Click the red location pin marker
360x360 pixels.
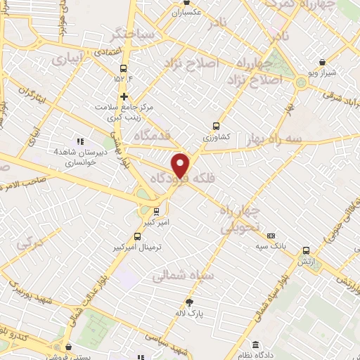181,165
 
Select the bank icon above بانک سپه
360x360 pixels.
272,236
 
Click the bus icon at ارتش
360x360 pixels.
306,250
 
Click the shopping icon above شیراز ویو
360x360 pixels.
321,63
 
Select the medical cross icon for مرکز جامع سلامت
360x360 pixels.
124,96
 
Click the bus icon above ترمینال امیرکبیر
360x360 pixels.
137,238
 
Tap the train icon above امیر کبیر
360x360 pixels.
157,210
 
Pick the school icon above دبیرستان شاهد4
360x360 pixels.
79,141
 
